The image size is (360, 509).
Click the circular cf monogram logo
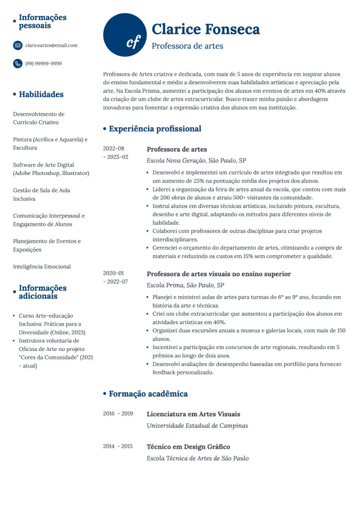point(126,35)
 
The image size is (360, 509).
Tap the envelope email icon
point(18,45)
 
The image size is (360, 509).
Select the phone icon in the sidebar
point(18,63)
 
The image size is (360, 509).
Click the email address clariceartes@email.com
point(51,45)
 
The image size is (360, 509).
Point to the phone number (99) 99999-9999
point(43,63)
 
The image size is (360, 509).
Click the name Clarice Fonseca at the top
point(205,29)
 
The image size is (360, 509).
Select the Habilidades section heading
point(41,94)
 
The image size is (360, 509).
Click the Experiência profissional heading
point(155,129)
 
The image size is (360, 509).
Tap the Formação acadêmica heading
point(148,394)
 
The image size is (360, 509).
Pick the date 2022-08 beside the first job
point(114,149)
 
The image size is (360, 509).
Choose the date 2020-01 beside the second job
point(114,273)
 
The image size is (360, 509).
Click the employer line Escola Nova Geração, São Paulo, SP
point(196,161)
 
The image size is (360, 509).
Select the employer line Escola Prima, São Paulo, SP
point(185,285)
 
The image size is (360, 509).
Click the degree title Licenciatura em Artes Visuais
point(193,414)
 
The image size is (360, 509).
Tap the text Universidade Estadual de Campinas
point(197,426)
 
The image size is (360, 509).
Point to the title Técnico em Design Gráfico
point(188,447)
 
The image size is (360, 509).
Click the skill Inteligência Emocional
point(42,267)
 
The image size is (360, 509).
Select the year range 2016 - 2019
point(118,414)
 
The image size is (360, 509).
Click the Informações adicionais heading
point(42,292)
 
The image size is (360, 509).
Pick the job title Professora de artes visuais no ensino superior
point(219,274)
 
